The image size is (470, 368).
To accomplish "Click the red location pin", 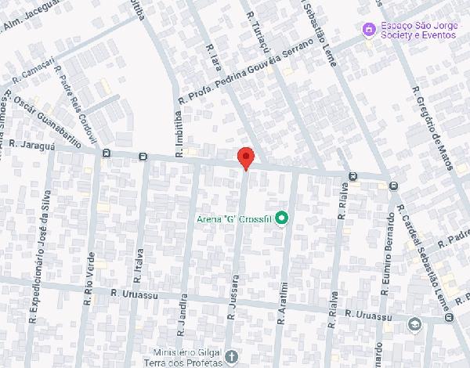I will coord(246,157).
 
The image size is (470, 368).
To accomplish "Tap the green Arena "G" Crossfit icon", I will coord(282,218).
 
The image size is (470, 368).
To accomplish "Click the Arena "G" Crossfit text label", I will coord(234,218).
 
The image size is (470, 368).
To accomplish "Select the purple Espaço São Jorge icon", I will coord(367,29).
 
